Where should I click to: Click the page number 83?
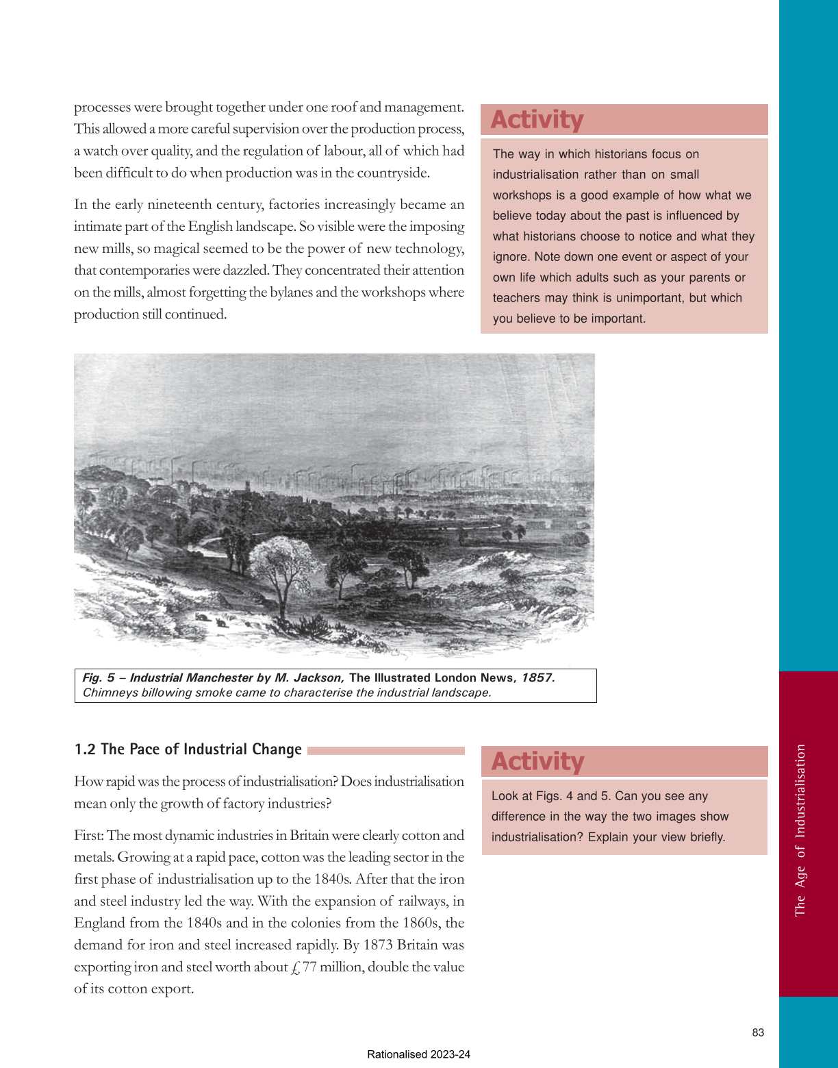tap(757, 1032)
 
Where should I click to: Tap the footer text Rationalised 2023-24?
tap(418, 1054)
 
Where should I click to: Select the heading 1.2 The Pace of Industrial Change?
tap(188, 749)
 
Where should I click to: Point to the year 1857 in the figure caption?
tap(536, 678)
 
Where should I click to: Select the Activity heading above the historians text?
tap(537, 120)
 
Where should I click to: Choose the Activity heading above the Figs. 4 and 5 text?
tap(537, 762)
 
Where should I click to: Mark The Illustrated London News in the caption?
tap(431, 678)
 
